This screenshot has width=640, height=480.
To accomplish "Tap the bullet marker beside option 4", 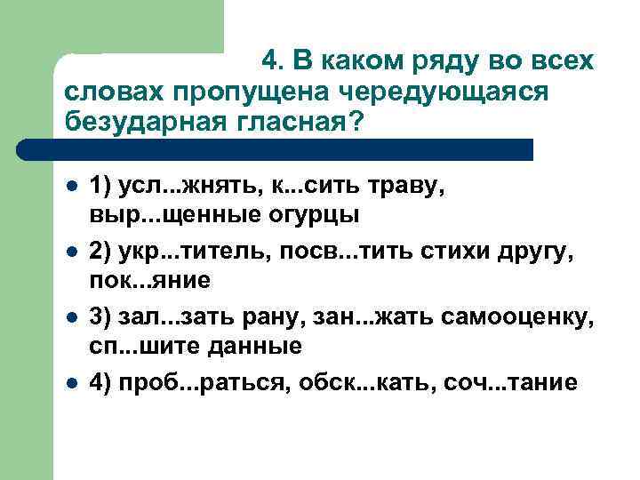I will click(71, 381).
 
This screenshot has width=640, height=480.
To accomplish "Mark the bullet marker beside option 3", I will click(71, 317).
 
